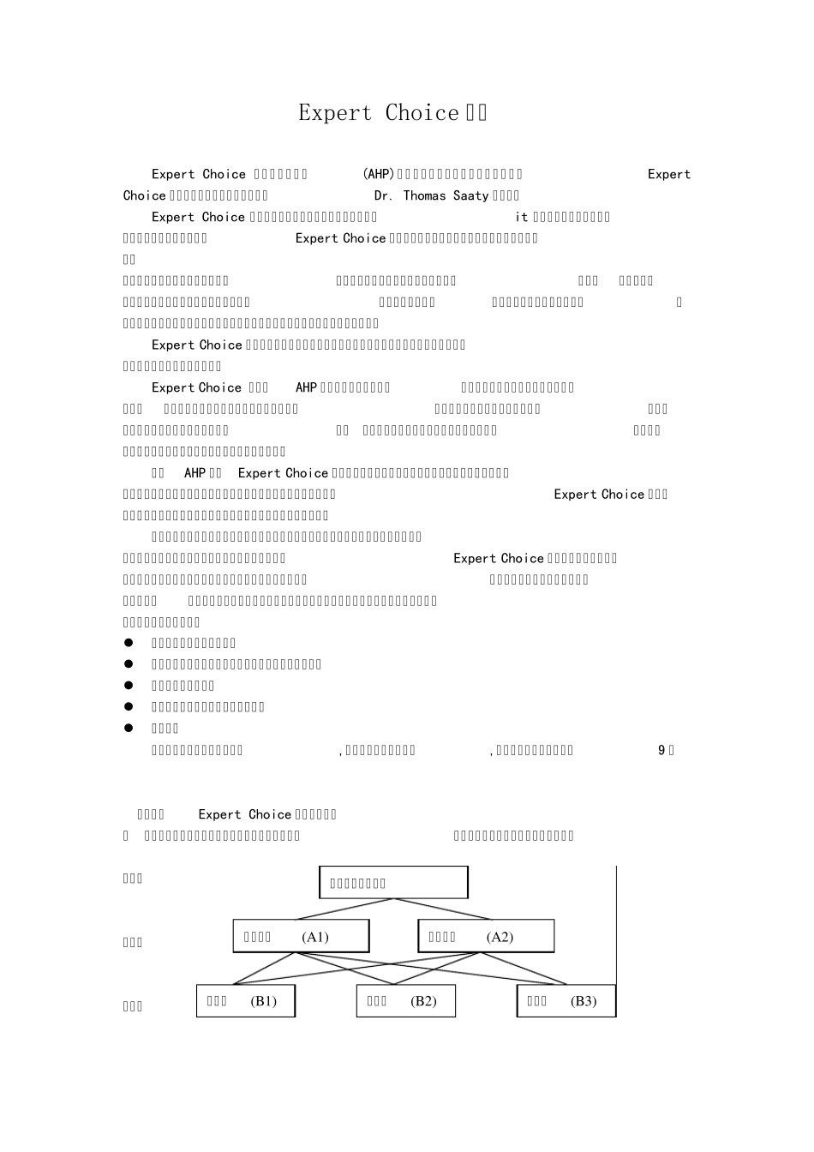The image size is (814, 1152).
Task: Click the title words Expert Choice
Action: point(379,113)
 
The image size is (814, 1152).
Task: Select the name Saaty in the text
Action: point(470,195)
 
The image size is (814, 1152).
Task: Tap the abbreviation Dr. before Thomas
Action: point(383,195)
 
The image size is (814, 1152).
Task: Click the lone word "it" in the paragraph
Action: point(522,217)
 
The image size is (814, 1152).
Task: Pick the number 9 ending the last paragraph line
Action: point(661,750)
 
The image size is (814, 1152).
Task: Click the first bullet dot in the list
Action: point(129,643)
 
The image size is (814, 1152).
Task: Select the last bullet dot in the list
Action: point(129,728)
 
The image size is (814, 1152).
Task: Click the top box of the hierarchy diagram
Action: point(393,882)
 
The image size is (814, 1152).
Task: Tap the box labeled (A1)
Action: point(301,936)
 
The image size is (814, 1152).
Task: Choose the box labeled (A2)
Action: point(486,936)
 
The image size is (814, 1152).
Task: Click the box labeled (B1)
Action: point(246,1001)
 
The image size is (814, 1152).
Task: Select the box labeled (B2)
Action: point(405,1001)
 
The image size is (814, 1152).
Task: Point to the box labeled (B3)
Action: point(566,1001)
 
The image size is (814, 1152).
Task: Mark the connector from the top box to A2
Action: point(441,909)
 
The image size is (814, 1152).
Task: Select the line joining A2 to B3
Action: point(527,968)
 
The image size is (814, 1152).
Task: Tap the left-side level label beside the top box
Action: point(133,879)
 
